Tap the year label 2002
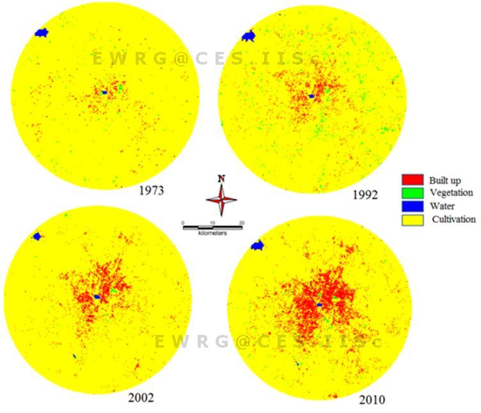pyautogui.click(x=141, y=398)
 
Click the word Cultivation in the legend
pyautogui.click(x=453, y=219)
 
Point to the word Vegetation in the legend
pyautogui.click(x=452, y=192)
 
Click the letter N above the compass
pyautogui.click(x=221, y=178)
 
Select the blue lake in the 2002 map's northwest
pyautogui.click(x=37, y=236)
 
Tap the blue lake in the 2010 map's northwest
pyautogui.click(x=258, y=245)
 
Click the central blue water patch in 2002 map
pyautogui.click(x=96, y=296)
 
